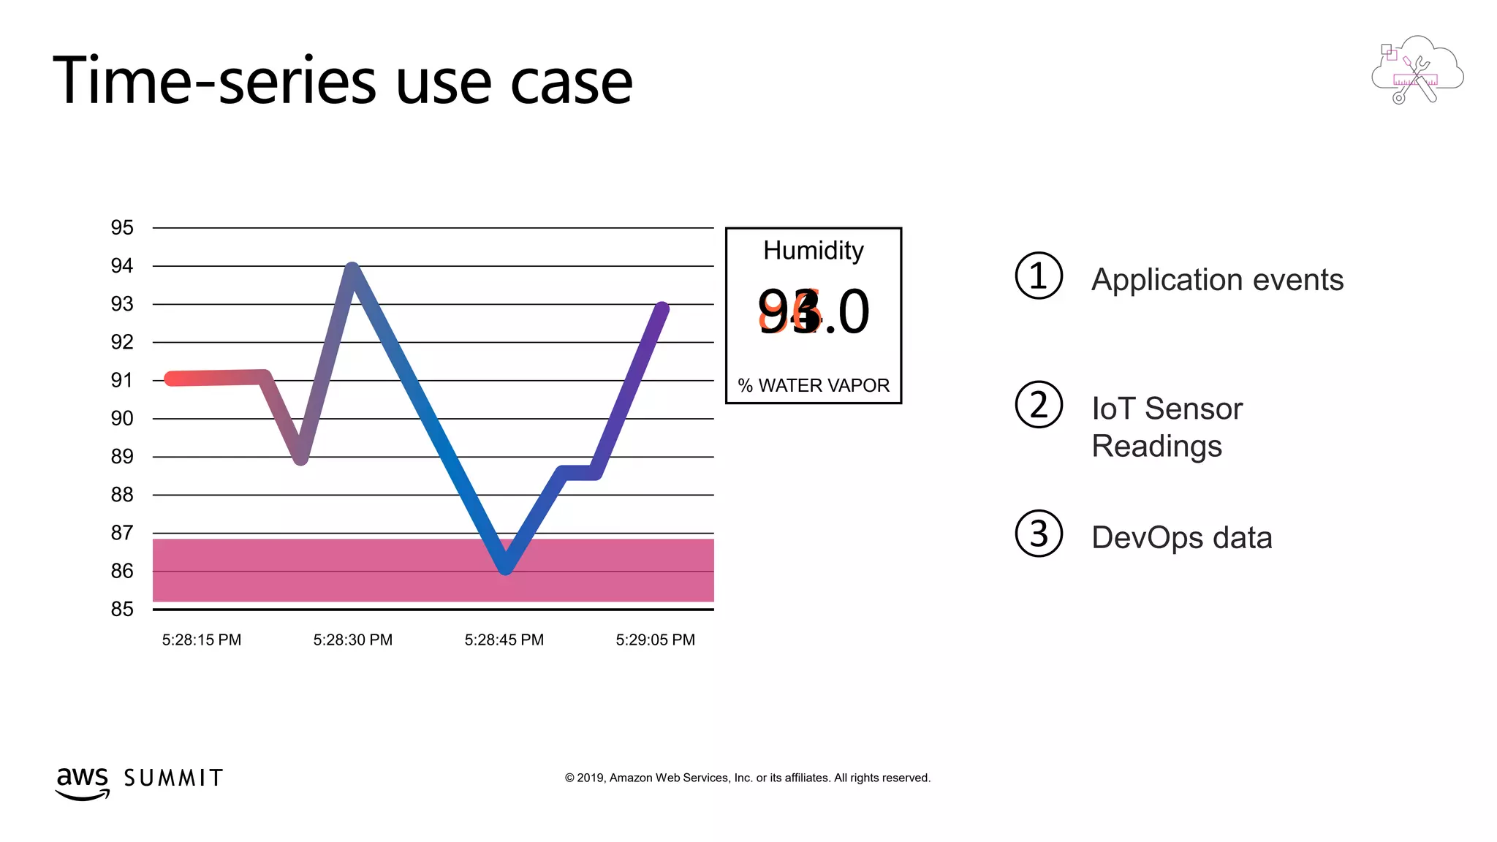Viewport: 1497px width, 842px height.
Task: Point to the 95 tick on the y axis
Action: coord(122,227)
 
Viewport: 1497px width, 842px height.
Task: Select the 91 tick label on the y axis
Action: coord(122,380)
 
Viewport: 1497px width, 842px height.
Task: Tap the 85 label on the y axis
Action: coord(122,609)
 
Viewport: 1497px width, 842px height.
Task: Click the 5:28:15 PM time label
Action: coord(202,640)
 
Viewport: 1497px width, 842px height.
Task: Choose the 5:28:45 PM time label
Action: coord(504,640)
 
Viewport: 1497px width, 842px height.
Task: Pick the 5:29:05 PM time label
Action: coord(656,640)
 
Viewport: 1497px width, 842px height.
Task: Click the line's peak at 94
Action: coord(352,269)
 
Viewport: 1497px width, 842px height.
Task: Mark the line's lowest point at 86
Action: coord(505,566)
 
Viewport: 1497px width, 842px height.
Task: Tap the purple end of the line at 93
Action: coord(661,309)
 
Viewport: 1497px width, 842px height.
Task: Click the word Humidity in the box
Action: coord(814,251)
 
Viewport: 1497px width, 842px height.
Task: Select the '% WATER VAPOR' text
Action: coord(814,385)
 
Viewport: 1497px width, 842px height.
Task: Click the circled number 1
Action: coord(1039,276)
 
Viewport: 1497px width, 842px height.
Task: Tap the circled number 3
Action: coord(1039,534)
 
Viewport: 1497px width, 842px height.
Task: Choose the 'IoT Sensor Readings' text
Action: coord(1167,427)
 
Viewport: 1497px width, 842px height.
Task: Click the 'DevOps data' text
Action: coord(1182,538)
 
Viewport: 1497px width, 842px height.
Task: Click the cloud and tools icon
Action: coord(1417,71)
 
